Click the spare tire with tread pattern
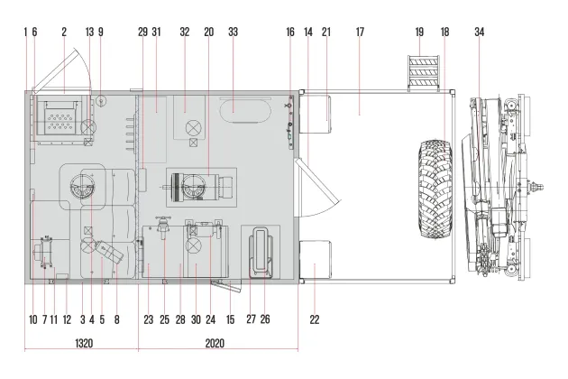point(435,189)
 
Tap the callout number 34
point(480,32)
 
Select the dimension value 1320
point(84,343)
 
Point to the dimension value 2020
point(215,343)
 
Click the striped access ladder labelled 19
point(423,72)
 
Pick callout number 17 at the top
point(360,32)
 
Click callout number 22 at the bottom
point(315,319)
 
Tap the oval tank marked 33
point(245,109)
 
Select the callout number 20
point(209,32)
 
